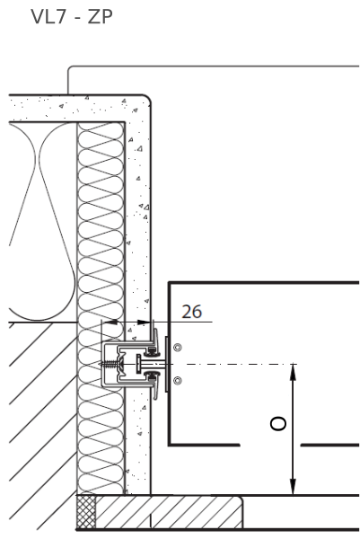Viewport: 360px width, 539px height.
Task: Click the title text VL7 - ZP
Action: click(x=72, y=16)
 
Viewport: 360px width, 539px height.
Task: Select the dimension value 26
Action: click(x=192, y=312)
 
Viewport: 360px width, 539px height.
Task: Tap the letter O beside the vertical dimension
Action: click(x=278, y=424)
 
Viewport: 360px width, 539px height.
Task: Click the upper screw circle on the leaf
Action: click(x=177, y=348)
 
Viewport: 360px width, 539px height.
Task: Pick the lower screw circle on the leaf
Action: click(x=177, y=381)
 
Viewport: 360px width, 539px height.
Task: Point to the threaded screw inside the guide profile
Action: click(x=107, y=364)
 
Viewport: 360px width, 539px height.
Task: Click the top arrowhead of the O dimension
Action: click(x=293, y=371)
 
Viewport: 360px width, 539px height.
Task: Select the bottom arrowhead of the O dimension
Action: click(x=293, y=487)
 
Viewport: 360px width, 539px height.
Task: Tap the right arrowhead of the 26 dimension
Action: click(x=144, y=323)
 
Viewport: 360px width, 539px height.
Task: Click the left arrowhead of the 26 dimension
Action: click(x=110, y=323)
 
